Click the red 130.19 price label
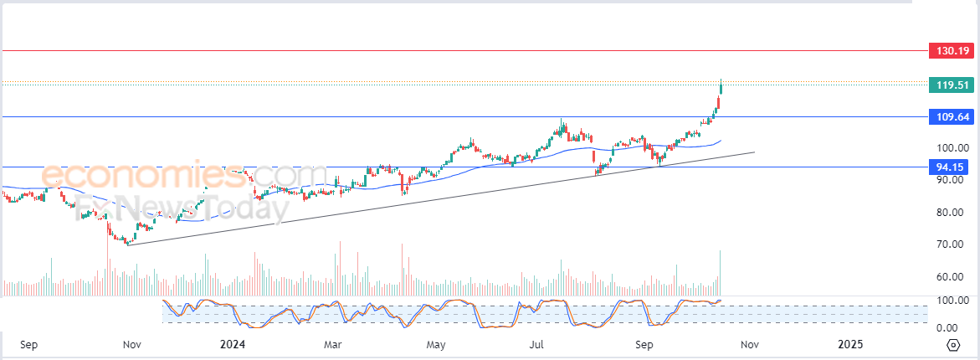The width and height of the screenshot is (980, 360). point(952,50)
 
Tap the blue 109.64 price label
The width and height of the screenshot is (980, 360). point(952,116)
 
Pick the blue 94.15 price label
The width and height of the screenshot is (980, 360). point(952,167)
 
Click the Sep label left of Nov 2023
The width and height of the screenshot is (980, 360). point(29,344)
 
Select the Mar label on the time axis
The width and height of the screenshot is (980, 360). point(333,344)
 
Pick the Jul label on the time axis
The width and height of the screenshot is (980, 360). point(537,344)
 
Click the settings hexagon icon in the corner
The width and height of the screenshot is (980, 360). point(953,345)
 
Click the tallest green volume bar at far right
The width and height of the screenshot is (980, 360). point(721,272)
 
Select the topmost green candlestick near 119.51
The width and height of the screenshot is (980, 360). point(721,87)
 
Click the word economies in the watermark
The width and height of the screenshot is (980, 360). point(142,175)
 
